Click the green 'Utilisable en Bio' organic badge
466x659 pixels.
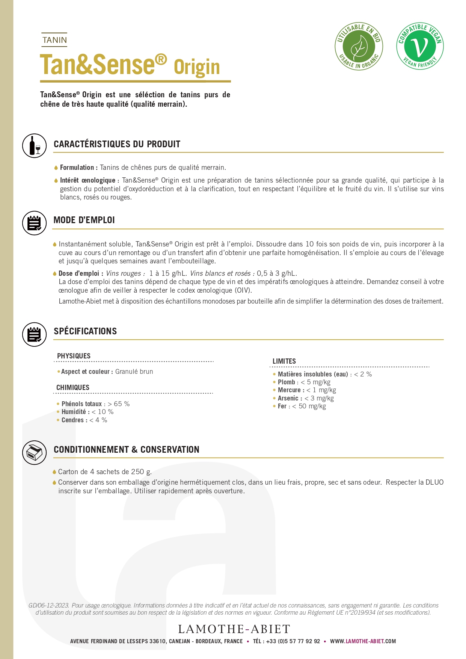coord(359,46)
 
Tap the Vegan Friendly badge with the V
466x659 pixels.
coord(420,46)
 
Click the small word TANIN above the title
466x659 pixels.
coord(54,40)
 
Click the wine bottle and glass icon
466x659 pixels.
coord(34,145)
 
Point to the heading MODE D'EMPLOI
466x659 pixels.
coord(84,220)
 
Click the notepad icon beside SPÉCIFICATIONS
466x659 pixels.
coord(34,334)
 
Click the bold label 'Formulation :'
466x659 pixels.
coord(78,168)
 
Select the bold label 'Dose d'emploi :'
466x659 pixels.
coord(81,274)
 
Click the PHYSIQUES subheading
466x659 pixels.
coord(74,356)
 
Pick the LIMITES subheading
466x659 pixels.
coord(284,361)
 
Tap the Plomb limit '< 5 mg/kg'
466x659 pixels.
coord(315,382)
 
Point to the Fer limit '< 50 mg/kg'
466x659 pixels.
coord(309,406)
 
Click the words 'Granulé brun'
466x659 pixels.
coord(134,372)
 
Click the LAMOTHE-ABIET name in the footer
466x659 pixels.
coord(234,629)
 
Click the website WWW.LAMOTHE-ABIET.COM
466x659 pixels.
coord(363,641)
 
